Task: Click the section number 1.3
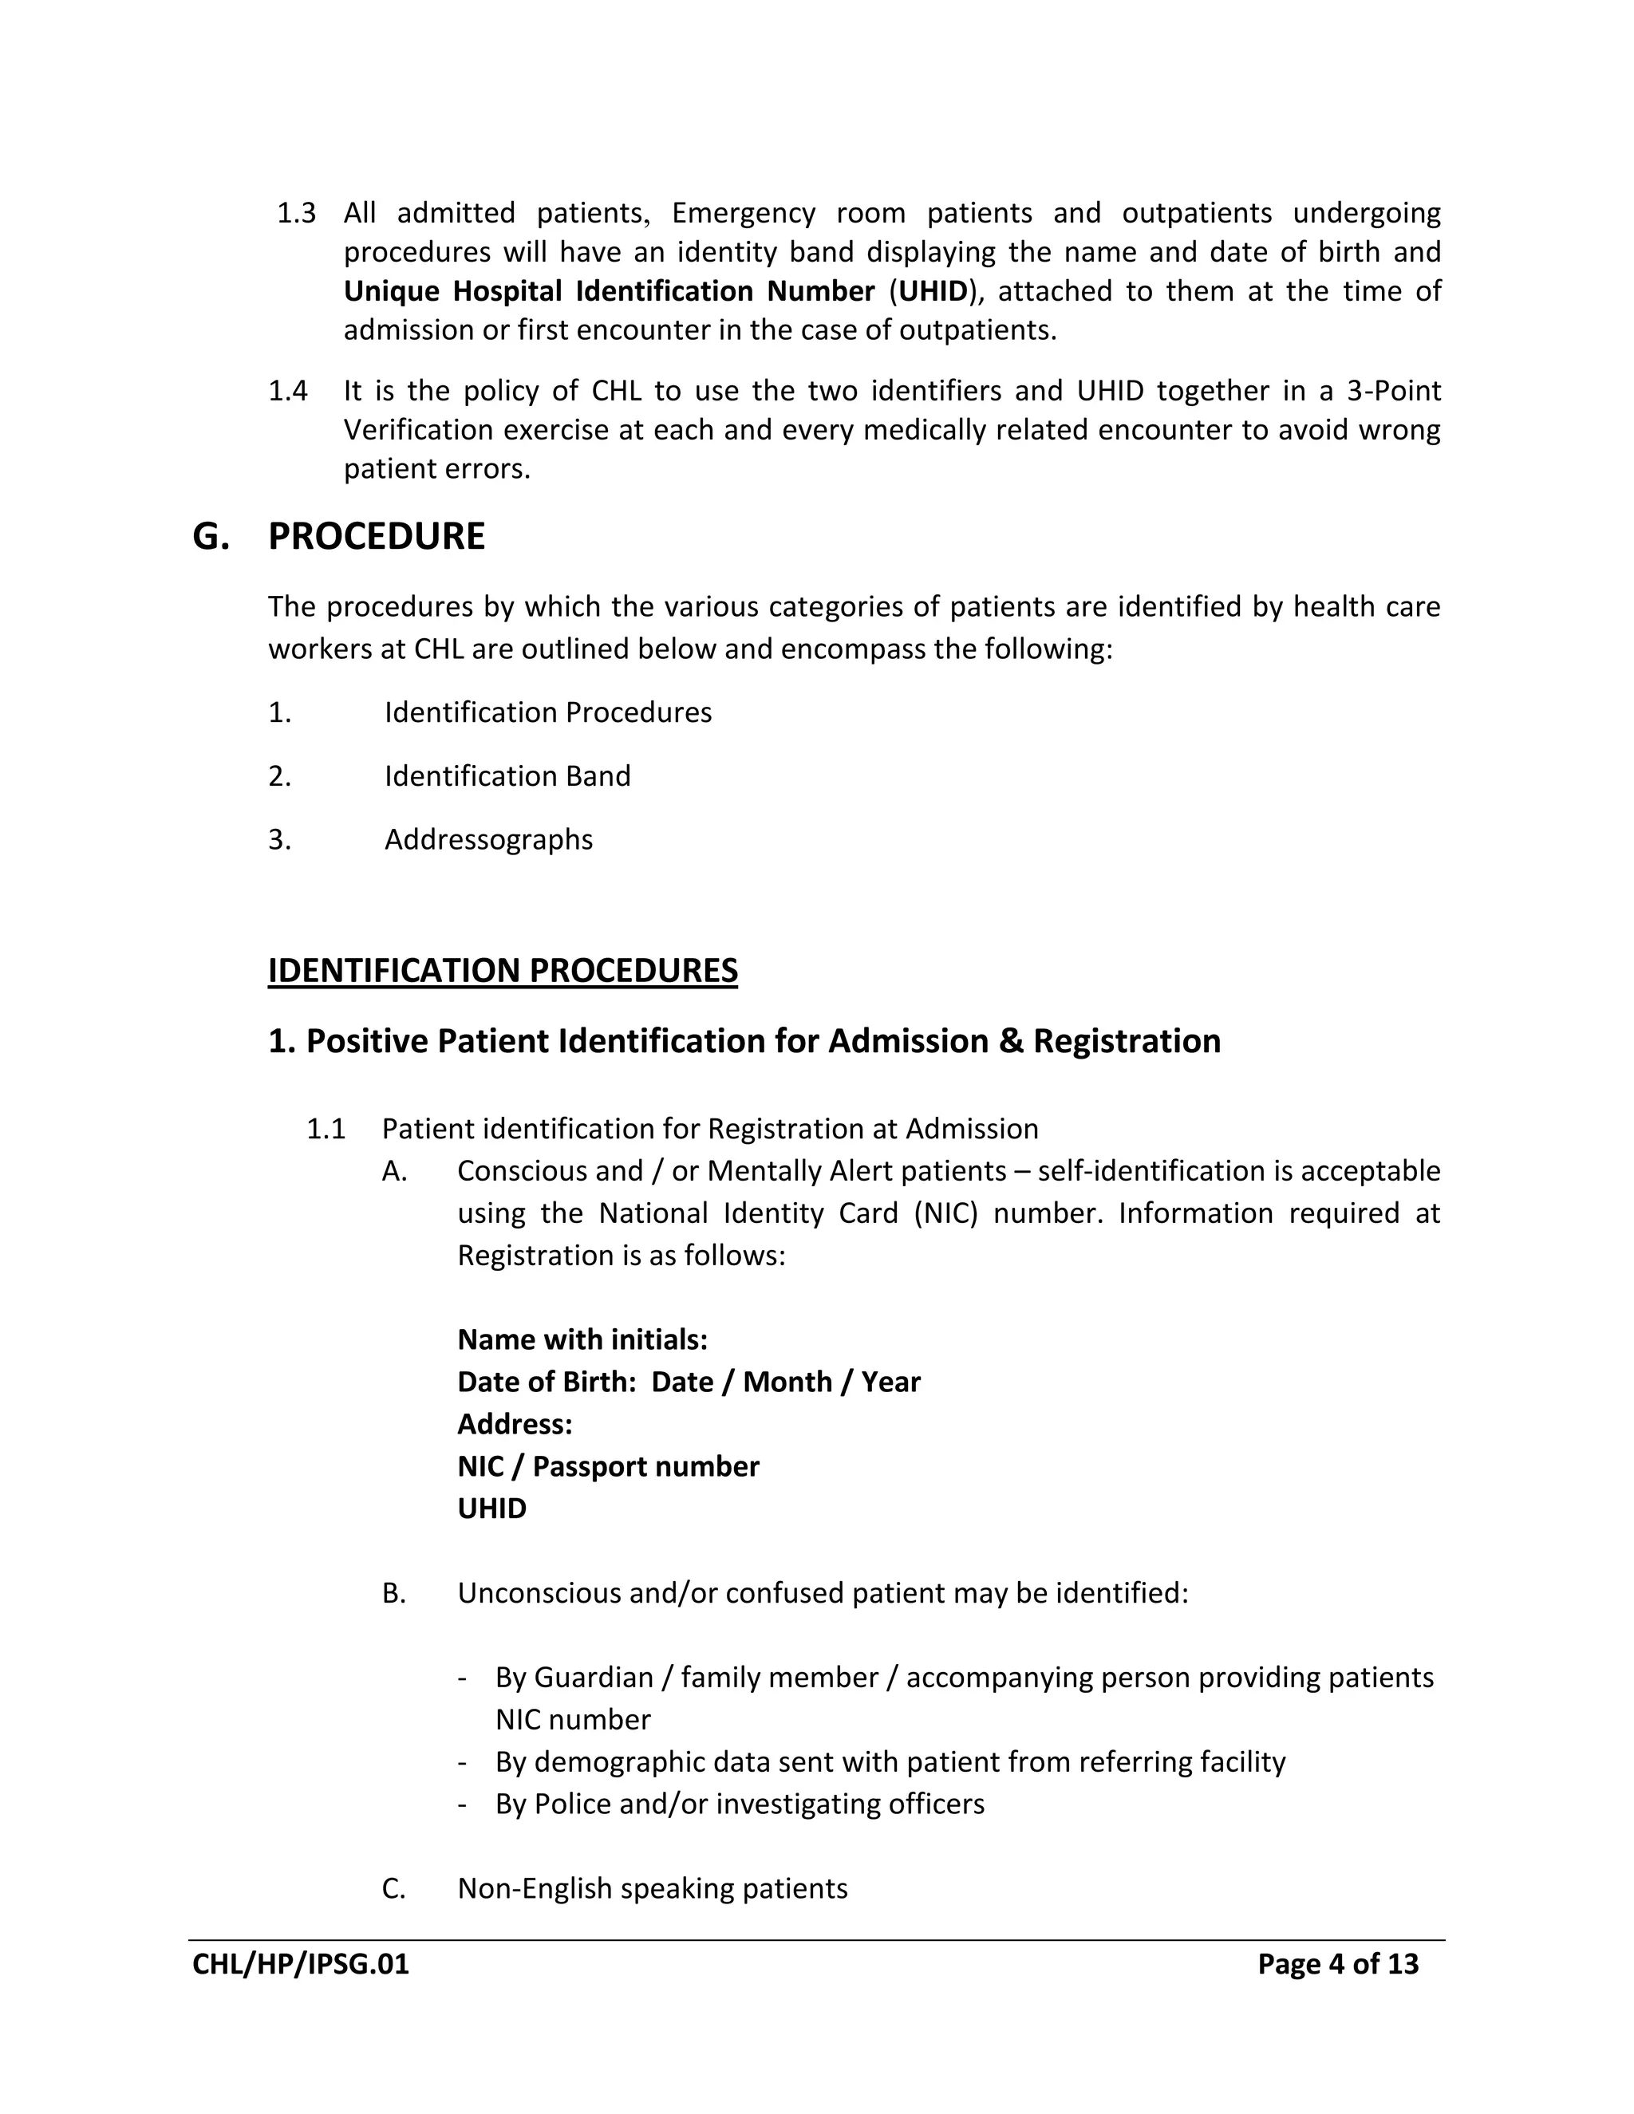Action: coord(296,213)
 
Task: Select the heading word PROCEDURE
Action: coord(376,536)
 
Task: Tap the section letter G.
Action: coord(210,536)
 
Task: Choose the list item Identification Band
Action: coord(507,776)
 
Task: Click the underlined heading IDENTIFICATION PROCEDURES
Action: coord(503,971)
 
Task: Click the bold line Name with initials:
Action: coord(582,1339)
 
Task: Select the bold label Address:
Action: coord(514,1424)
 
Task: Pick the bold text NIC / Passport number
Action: coord(608,1466)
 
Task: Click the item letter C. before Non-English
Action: coord(393,1888)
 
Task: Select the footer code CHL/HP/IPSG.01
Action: coord(300,1964)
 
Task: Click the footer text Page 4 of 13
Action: coord(1337,1964)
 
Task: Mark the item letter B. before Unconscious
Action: coord(393,1593)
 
